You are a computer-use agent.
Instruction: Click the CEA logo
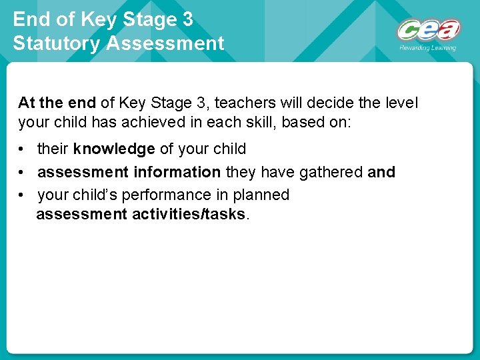pyautogui.click(x=428, y=30)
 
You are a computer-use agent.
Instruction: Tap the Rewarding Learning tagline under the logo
pyautogui.click(x=427, y=48)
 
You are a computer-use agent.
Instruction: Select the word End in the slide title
pyautogui.click(x=31, y=19)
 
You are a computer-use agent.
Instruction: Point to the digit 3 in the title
pyautogui.click(x=187, y=19)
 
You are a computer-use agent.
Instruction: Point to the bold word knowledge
pyautogui.click(x=114, y=149)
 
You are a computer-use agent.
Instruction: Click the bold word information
pyautogui.click(x=177, y=172)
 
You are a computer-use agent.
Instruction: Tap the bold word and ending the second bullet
pyautogui.click(x=381, y=172)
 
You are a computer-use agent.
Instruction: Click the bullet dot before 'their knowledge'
pyautogui.click(x=23, y=149)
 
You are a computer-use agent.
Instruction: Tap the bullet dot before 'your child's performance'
pyautogui.click(x=23, y=195)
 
